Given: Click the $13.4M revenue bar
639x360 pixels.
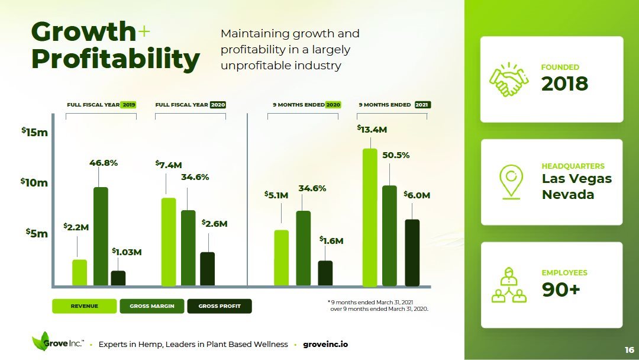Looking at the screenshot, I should [x=370, y=217].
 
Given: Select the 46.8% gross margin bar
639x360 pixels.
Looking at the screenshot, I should [x=101, y=236].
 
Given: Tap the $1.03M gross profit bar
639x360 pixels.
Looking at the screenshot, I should [x=118, y=278].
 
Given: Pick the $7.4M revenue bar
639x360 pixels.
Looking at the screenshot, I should [x=169, y=242].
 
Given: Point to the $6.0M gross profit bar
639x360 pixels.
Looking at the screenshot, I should [x=412, y=253].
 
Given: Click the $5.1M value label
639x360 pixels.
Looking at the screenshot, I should [x=276, y=195].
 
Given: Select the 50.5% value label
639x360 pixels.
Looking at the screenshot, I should [x=396, y=155].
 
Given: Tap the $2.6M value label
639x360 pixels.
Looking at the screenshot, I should [x=214, y=223].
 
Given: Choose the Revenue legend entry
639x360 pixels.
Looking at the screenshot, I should [x=85, y=306].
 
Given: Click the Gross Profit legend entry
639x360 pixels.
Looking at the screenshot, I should [x=220, y=306].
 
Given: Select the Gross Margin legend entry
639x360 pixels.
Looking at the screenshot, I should [x=152, y=306].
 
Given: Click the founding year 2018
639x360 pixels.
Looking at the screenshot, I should [x=564, y=84].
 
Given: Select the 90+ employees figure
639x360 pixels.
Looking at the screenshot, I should [x=561, y=290].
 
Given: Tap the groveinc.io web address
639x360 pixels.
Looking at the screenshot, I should [x=325, y=344].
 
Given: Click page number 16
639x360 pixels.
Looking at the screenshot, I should [x=629, y=350].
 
